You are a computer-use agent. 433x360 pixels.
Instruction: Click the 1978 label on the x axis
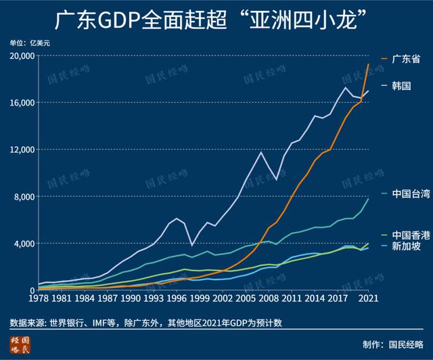point(39,298)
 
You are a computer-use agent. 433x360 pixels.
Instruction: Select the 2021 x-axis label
point(367,298)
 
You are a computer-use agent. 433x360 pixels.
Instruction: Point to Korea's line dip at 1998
point(191,245)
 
